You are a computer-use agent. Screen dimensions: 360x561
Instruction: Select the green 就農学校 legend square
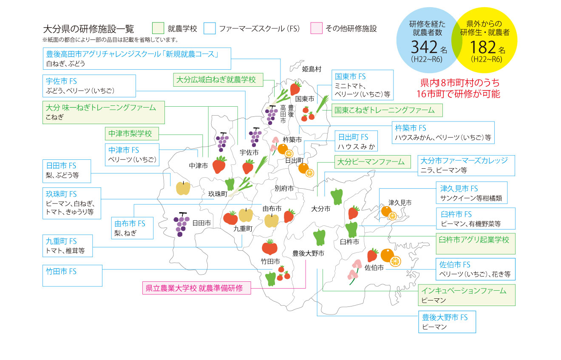pos(158,28)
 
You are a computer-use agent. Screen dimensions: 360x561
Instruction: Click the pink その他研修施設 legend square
pos(317,28)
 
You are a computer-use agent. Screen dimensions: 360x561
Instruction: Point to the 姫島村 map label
pos(312,68)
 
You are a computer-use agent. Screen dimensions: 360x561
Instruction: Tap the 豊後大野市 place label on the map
pos(308,253)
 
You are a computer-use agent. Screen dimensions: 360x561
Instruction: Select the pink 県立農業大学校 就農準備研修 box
pos(196,288)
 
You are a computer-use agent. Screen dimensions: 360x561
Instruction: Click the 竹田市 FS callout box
pos(72,275)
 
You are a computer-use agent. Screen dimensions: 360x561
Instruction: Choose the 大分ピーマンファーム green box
pos(373,162)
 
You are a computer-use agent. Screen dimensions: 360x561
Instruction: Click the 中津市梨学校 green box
pos(131,133)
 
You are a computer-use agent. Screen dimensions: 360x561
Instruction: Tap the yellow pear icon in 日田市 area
pos(183,187)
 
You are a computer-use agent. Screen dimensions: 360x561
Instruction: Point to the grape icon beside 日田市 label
pos(181,224)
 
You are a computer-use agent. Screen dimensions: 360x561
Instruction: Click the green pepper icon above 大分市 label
pos(336,196)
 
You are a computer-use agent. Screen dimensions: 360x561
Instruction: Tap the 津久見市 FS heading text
pos(459,188)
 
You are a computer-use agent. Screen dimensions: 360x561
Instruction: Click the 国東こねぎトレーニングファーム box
pos(386,111)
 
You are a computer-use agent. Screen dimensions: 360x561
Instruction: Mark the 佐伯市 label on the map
pos(374,268)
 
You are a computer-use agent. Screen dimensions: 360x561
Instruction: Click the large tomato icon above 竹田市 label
pos(269,247)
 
